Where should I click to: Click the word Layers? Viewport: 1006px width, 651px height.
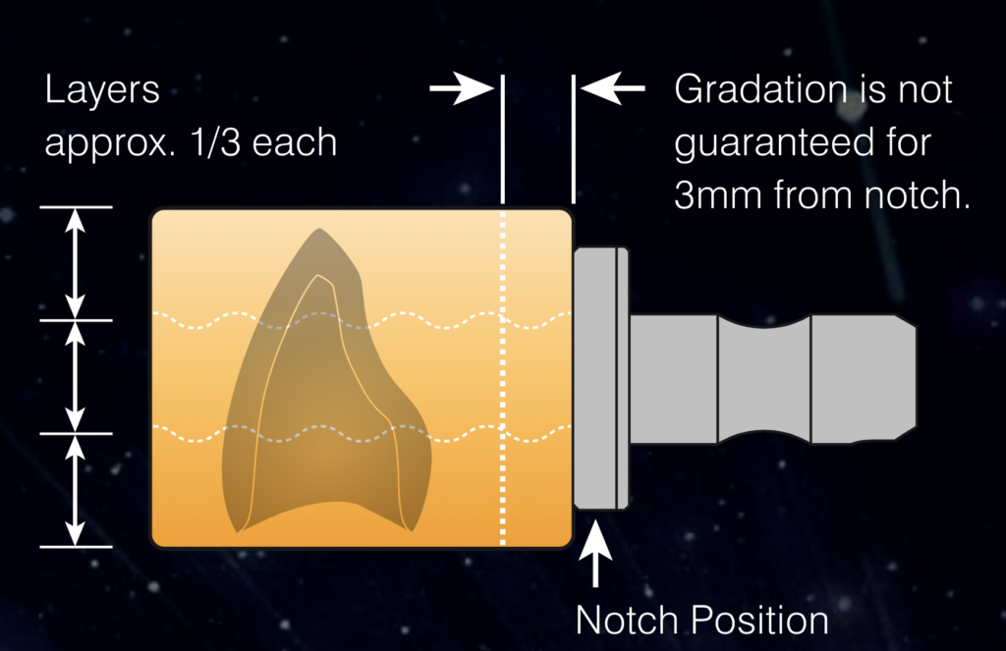102,91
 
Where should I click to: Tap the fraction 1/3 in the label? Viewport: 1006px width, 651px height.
215,141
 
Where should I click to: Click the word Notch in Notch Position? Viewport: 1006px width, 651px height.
627,621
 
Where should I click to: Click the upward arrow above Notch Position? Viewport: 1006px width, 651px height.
595,553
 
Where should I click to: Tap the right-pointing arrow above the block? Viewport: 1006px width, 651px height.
462,88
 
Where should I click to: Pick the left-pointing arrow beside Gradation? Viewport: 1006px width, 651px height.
613,88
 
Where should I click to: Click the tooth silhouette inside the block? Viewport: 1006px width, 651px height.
326,385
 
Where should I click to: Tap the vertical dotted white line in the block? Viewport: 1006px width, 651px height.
502,378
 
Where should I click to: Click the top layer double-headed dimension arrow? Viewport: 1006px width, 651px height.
76,263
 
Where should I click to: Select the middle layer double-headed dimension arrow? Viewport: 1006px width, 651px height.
76,377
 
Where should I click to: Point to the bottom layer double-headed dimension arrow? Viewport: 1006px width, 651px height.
76,491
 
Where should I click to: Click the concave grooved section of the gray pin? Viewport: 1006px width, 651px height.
764,378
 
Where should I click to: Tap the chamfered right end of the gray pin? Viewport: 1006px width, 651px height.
906,378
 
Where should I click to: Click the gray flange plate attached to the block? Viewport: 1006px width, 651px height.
601,378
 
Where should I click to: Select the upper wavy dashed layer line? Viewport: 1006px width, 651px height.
362,319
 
